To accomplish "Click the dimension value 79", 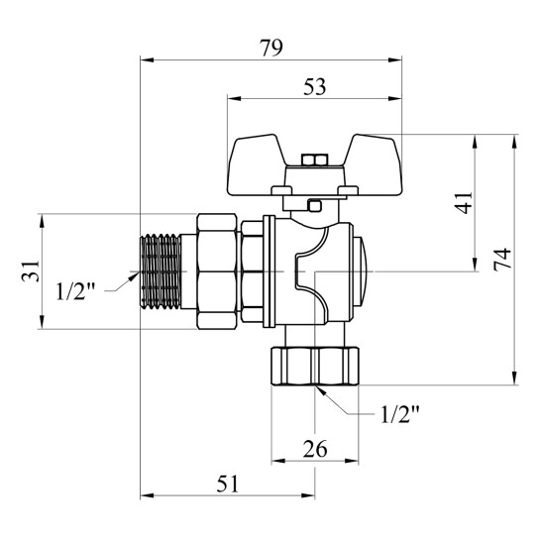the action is [271, 48].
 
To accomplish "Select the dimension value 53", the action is [314, 87].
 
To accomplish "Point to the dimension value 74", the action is [502, 260].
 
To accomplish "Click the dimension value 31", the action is [31, 271].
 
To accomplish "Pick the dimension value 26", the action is [315, 449].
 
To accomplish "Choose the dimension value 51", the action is [227, 484].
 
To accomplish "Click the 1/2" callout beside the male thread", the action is [75, 291].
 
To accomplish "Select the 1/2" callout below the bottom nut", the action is [400, 414].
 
